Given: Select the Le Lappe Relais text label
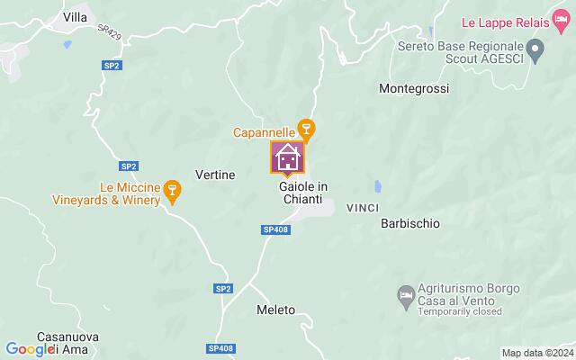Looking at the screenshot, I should pyautogui.click(x=517, y=20).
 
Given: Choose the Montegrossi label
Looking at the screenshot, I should pyautogui.click(x=414, y=89).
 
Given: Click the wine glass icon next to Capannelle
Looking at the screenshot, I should pyautogui.click(x=306, y=131).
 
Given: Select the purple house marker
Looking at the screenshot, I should pyautogui.click(x=288, y=157).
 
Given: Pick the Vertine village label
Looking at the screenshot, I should pyautogui.click(x=215, y=174).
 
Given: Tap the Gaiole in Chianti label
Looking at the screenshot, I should pyautogui.click(x=297, y=192).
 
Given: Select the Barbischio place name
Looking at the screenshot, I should pyautogui.click(x=410, y=223).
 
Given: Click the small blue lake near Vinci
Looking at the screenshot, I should pyautogui.click(x=378, y=188).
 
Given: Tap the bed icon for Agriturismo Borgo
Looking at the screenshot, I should pyautogui.click(x=406, y=293).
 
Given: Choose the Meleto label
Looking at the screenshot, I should pyautogui.click(x=275, y=310).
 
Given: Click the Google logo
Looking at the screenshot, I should pyautogui.click(x=31, y=349).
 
